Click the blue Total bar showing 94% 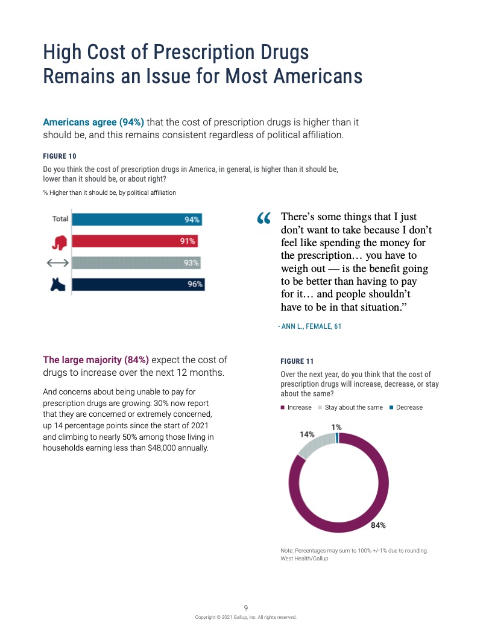click(x=137, y=220)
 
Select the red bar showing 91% click(x=134, y=241)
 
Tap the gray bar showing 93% click(x=136, y=262)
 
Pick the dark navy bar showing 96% click(x=138, y=284)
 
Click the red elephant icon click(x=59, y=242)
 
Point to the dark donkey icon click(x=58, y=284)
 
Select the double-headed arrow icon click(x=58, y=263)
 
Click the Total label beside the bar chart click(x=60, y=219)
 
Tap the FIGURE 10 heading click(x=60, y=156)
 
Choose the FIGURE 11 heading click(x=297, y=361)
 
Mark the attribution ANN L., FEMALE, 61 click(x=310, y=326)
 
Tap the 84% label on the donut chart click(x=378, y=525)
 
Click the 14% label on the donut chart click(x=307, y=434)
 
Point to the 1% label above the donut click(x=336, y=427)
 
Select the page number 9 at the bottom click(x=246, y=607)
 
